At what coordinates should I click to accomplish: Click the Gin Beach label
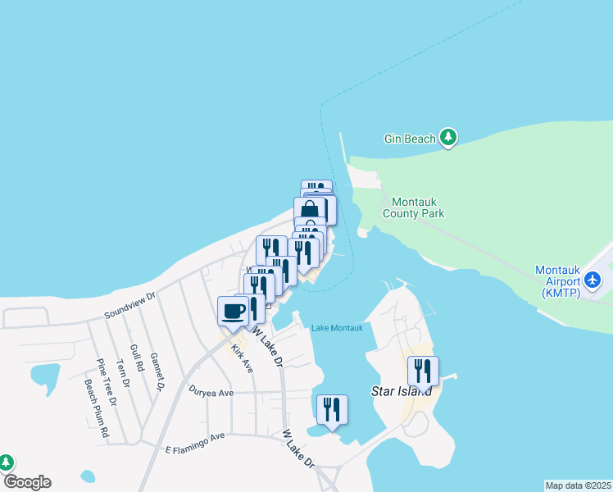tap(410, 139)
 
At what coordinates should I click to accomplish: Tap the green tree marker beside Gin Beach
tap(447, 138)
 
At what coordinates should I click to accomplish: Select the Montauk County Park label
tap(418, 207)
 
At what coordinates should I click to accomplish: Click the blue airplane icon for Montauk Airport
tap(593, 280)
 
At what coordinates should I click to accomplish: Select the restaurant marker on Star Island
tap(423, 371)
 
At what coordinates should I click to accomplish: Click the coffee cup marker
tap(233, 312)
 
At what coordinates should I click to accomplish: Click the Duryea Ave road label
tap(211, 392)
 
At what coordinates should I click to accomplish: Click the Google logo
tap(27, 482)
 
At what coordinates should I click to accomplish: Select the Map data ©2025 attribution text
tap(579, 485)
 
